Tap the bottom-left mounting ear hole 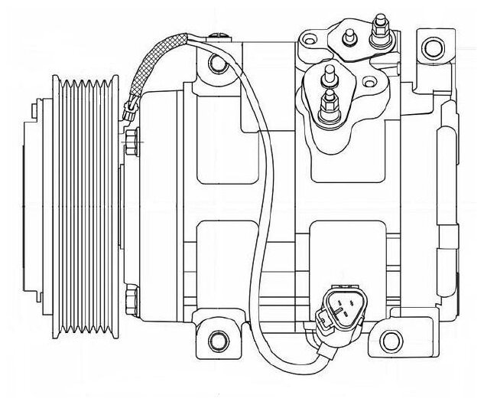(x=218, y=338)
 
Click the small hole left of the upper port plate (x=311, y=36)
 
